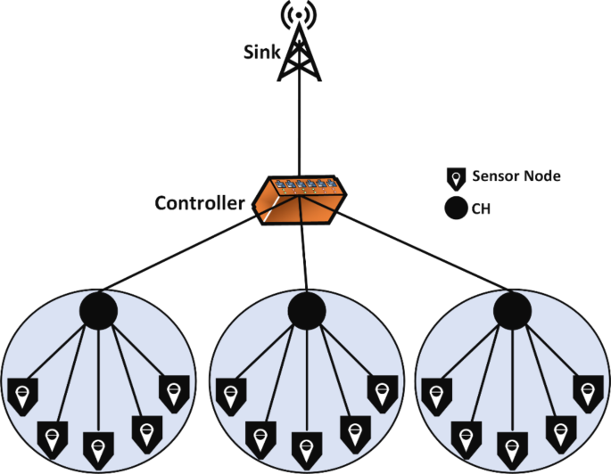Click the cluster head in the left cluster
pyautogui.click(x=99, y=309)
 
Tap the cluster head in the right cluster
pyautogui.click(x=511, y=310)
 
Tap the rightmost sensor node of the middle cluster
pyautogui.click(x=379, y=390)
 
